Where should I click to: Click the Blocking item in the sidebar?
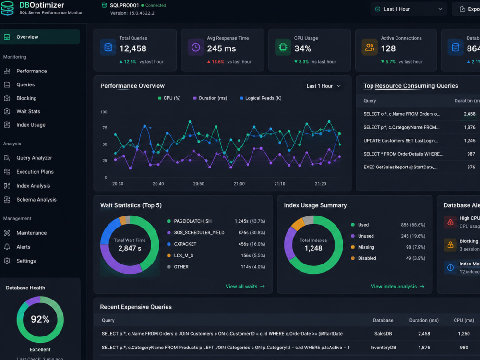click(26, 98)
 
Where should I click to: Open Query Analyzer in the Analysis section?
click(34, 158)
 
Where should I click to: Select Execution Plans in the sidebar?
click(35, 172)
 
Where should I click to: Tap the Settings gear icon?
click(7, 261)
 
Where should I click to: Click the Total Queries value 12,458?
click(133, 48)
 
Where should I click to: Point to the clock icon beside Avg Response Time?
click(196, 48)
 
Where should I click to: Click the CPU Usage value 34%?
click(302, 48)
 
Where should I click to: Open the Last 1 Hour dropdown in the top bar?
click(408, 9)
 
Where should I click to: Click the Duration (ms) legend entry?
click(210, 98)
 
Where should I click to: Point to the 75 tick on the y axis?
click(104, 128)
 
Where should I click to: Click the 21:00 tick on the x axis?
click(239, 184)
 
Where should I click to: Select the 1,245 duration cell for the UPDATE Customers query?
click(469, 141)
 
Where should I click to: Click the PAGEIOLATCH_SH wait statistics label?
click(192, 221)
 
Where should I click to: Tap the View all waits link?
click(245, 287)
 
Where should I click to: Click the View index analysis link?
click(397, 287)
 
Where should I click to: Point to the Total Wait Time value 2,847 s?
click(130, 248)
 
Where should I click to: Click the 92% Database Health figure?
click(40, 319)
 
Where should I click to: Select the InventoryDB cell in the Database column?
click(383, 348)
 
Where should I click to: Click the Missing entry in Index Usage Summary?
click(366, 247)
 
